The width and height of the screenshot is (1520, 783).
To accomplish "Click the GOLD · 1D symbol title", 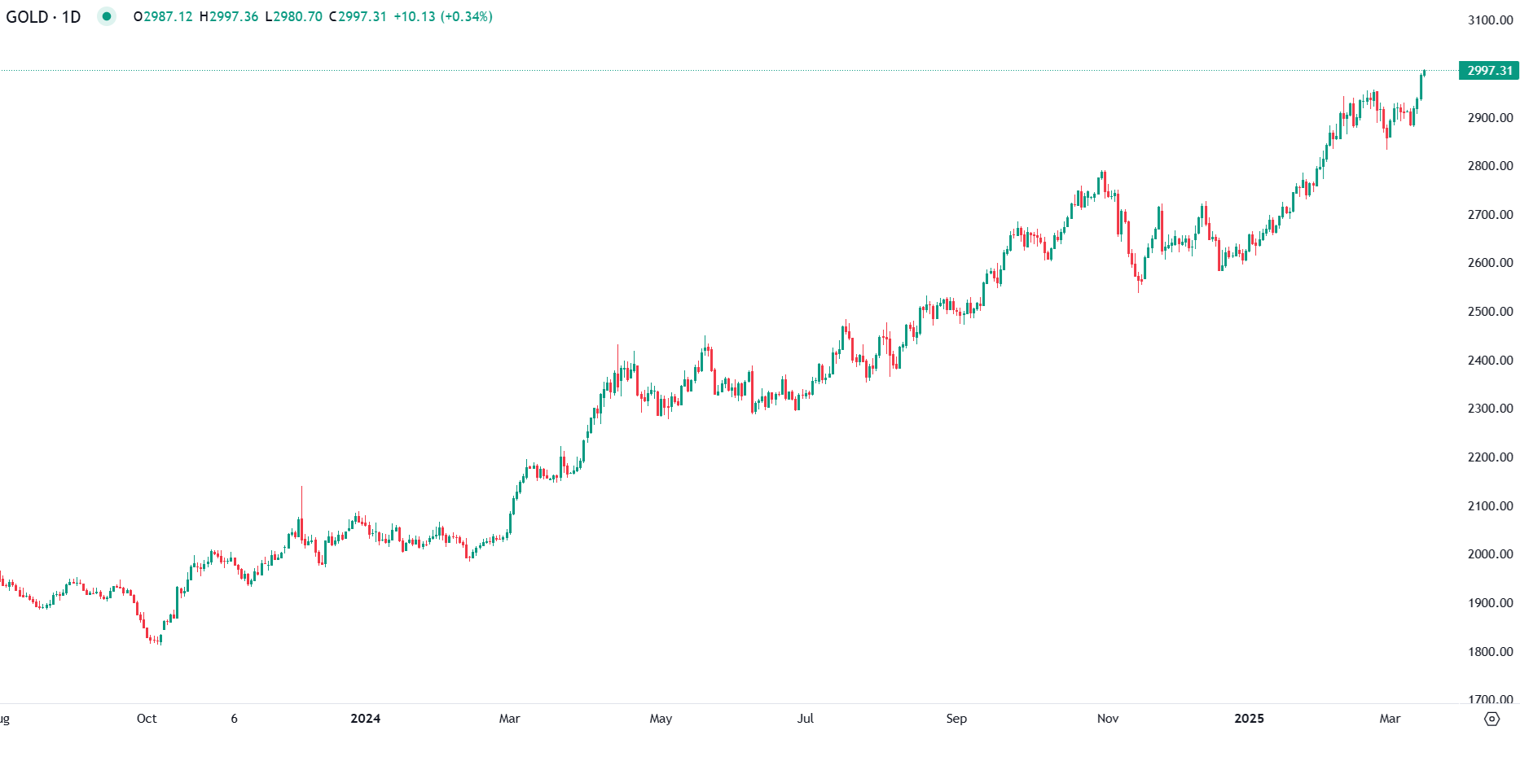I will pos(43,16).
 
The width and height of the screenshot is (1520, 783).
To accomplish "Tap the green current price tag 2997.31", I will pos(1489,71).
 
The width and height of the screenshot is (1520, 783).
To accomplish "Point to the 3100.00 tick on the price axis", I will pos(1490,20).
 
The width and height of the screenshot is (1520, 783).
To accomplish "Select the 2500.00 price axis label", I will pos(1490,312).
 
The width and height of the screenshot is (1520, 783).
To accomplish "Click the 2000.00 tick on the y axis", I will pos(1490,554).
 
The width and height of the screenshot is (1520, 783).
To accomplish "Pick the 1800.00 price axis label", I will pos(1490,652).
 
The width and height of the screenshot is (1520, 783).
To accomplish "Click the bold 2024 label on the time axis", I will pos(365,719).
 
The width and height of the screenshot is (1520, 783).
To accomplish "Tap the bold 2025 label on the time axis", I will pos(1249,719).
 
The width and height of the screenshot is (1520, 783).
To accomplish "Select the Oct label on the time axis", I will pos(147,719).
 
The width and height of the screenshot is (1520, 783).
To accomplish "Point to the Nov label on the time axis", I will pos(1108,719).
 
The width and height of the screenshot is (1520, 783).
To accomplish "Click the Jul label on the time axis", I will pos(805,719).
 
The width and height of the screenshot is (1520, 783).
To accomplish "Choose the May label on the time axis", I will pos(661,719).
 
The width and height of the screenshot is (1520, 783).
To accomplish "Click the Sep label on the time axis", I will pos(956,719).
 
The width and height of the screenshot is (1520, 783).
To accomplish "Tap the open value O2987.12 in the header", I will pos(163,16).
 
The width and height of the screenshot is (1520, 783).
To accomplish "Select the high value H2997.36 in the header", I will pos(229,16).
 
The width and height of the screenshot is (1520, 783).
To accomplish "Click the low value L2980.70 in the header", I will pos(293,16).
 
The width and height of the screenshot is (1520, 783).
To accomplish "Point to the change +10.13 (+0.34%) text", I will pos(442,16).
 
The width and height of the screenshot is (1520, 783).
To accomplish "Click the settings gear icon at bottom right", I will pos(1491,719).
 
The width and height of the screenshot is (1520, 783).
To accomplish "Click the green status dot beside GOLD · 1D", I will pos(107,16).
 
